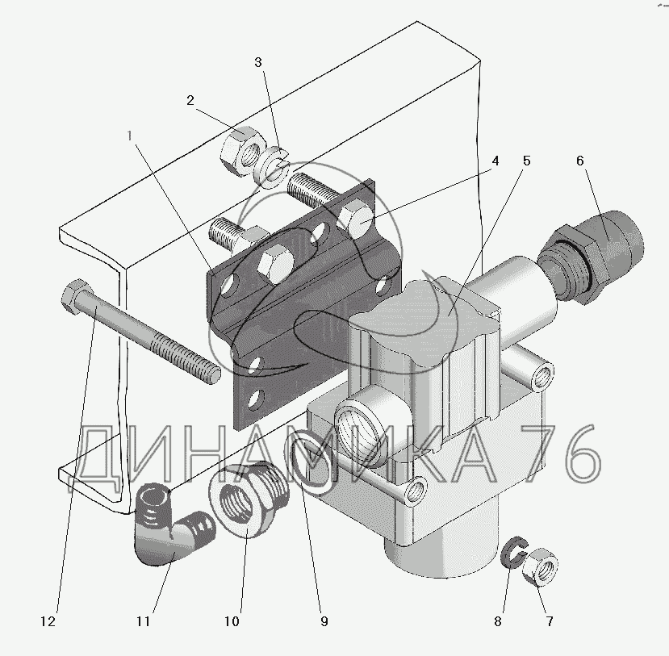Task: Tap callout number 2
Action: point(190,101)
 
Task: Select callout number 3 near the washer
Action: point(257,62)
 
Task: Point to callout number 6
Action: point(579,161)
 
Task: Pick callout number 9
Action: point(324,622)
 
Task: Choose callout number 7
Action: point(550,622)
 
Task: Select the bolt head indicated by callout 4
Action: point(355,218)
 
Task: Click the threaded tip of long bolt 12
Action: point(208,372)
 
